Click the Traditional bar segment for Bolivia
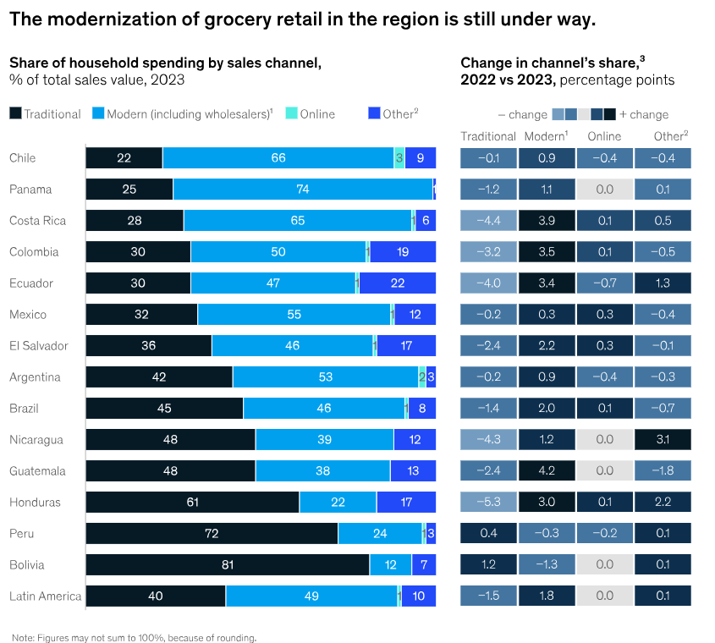coord(227,565)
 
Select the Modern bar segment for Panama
coord(302,190)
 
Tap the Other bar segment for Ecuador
coord(398,283)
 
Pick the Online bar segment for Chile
coord(399,158)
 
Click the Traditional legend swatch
coord(15,114)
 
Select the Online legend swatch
coord(291,114)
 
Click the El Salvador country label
coord(38,346)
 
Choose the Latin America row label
coord(45,596)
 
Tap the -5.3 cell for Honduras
coord(488,503)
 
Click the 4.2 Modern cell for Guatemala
coord(546,471)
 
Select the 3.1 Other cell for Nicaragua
coord(663,440)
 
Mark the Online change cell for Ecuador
coord(604,283)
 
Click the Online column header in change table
coord(604,136)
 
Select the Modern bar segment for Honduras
coord(338,503)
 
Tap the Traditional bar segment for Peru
coord(212,534)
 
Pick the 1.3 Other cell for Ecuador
coord(663,283)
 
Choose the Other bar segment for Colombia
coord(403,252)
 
